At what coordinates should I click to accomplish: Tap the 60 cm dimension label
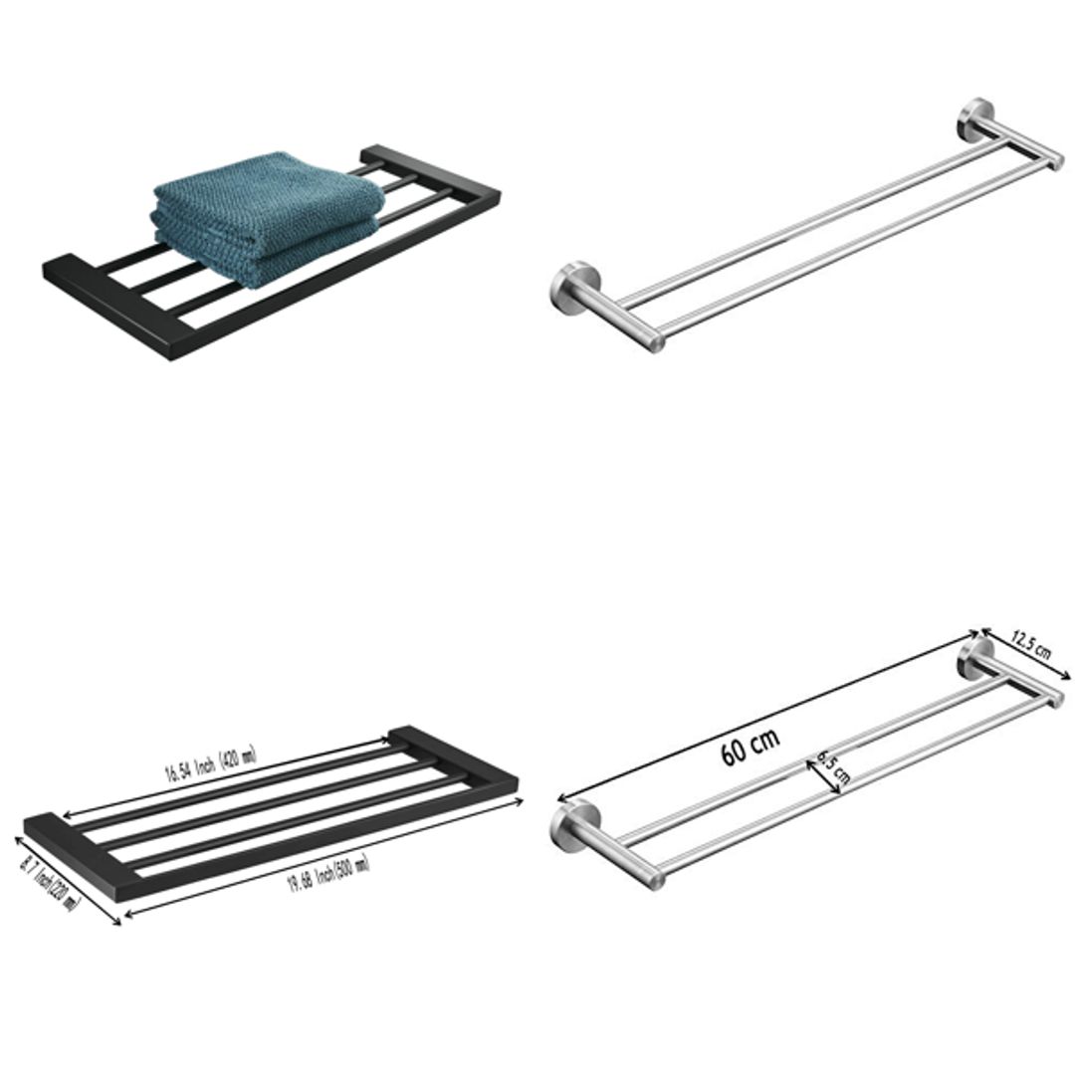click(751, 748)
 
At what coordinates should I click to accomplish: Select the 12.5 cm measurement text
click(1031, 645)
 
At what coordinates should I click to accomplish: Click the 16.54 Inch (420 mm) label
click(210, 765)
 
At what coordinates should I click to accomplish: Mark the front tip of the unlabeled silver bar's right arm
click(1056, 162)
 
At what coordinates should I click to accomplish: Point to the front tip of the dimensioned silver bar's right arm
click(1056, 700)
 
